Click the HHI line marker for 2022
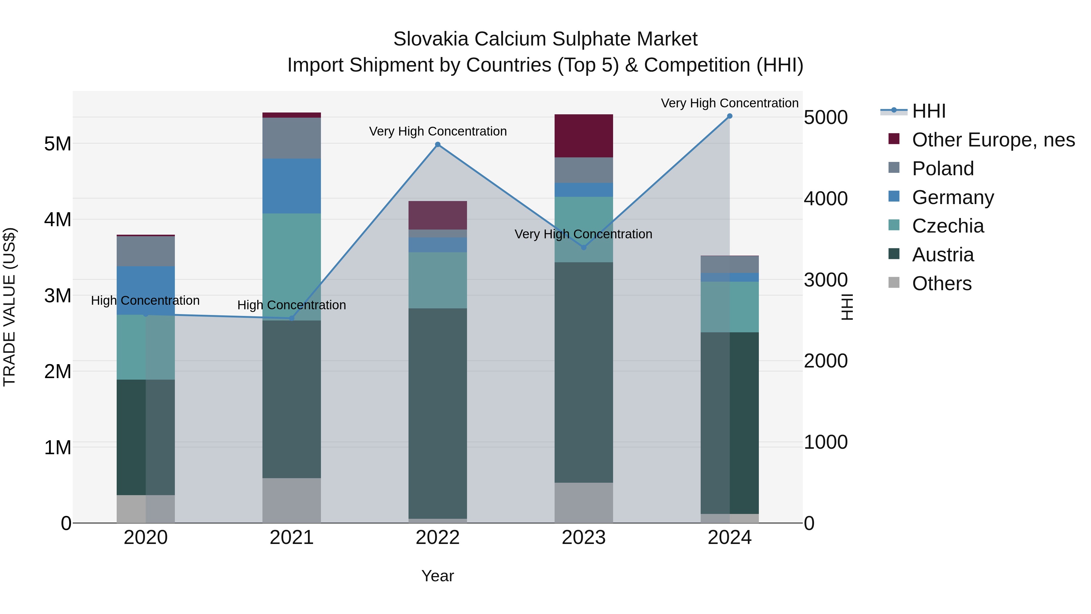(x=438, y=145)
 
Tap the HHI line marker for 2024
(x=729, y=116)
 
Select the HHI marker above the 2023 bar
(x=584, y=247)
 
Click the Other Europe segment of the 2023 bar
(x=584, y=136)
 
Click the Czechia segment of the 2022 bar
(x=438, y=280)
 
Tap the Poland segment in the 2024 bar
(x=729, y=264)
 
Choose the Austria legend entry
(x=943, y=255)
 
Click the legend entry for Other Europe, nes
(x=993, y=140)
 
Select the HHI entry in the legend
(x=928, y=111)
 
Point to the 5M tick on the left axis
(x=58, y=144)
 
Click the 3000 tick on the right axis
(x=826, y=280)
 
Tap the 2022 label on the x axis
(x=438, y=538)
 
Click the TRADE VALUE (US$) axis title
(x=9, y=307)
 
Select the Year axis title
(x=438, y=576)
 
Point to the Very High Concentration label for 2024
(x=729, y=103)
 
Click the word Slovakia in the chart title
(x=431, y=39)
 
